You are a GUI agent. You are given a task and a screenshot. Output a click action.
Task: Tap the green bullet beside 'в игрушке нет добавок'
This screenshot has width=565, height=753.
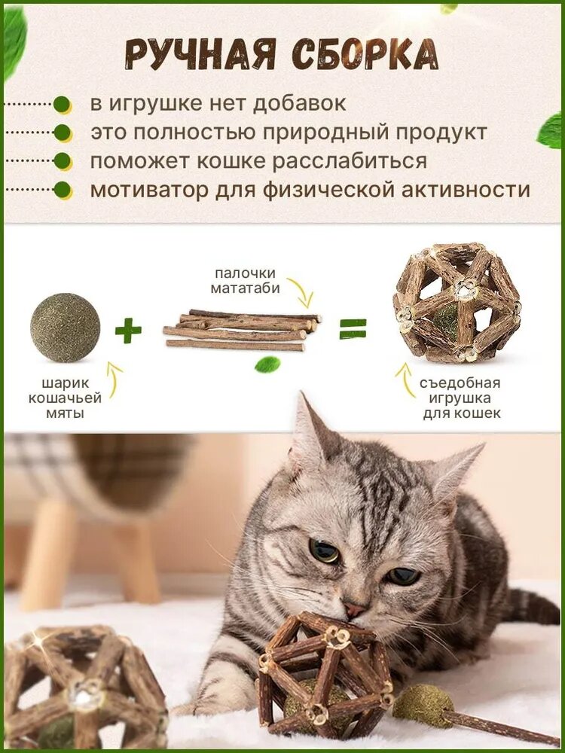[x=63, y=104]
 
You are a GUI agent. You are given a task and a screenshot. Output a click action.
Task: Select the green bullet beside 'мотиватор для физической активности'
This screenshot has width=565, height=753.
[x=63, y=190]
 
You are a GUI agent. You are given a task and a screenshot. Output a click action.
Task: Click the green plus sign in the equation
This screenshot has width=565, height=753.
[x=128, y=330]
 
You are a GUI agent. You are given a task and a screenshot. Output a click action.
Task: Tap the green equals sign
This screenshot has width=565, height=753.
[x=353, y=328]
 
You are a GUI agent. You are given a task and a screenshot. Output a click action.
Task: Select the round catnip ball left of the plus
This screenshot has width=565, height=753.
[x=65, y=328]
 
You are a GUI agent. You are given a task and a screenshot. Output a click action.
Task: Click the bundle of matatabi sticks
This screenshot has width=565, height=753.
[x=241, y=330]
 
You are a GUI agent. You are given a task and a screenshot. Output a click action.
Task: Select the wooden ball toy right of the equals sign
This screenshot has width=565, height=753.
[x=457, y=302]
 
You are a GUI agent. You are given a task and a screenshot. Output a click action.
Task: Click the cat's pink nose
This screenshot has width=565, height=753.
[x=353, y=609]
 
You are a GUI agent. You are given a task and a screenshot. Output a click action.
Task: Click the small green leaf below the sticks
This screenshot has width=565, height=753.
[x=267, y=365]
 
